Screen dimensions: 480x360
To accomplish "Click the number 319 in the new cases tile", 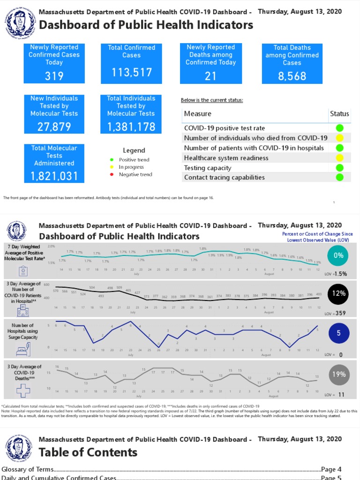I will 54,76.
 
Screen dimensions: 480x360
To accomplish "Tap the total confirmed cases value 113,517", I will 132,72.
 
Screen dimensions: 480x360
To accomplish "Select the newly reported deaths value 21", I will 210,76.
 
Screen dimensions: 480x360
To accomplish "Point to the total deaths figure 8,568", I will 292,76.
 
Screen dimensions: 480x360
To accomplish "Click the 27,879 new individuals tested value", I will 54,127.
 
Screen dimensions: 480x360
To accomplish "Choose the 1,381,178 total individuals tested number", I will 131,127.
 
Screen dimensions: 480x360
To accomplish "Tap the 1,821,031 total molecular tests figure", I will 54,176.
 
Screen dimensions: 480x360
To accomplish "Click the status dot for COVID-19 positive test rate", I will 339,128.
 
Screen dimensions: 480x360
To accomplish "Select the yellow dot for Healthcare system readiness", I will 339,158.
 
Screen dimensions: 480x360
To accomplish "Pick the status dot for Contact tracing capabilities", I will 339,177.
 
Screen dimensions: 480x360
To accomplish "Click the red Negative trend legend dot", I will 111,174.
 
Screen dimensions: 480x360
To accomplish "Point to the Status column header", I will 339,113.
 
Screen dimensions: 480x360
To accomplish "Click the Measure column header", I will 197,113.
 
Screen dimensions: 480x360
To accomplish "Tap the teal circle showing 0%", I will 338,255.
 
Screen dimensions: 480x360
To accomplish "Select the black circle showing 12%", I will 338,294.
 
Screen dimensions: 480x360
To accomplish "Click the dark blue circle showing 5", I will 338,335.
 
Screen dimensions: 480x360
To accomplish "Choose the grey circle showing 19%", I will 338,375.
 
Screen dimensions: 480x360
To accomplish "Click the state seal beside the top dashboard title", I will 19,20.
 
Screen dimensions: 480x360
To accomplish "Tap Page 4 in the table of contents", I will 331,469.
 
